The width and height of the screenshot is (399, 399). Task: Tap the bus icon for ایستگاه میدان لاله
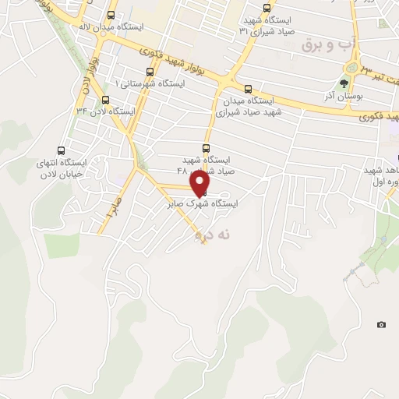coord(114,15)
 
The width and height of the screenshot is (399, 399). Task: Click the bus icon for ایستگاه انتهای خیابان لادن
coord(62,150)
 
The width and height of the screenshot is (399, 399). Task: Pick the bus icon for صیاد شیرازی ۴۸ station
coord(206,147)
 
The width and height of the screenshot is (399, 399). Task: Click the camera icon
coord(381,324)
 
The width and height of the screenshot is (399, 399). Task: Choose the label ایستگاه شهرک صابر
coord(203,204)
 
